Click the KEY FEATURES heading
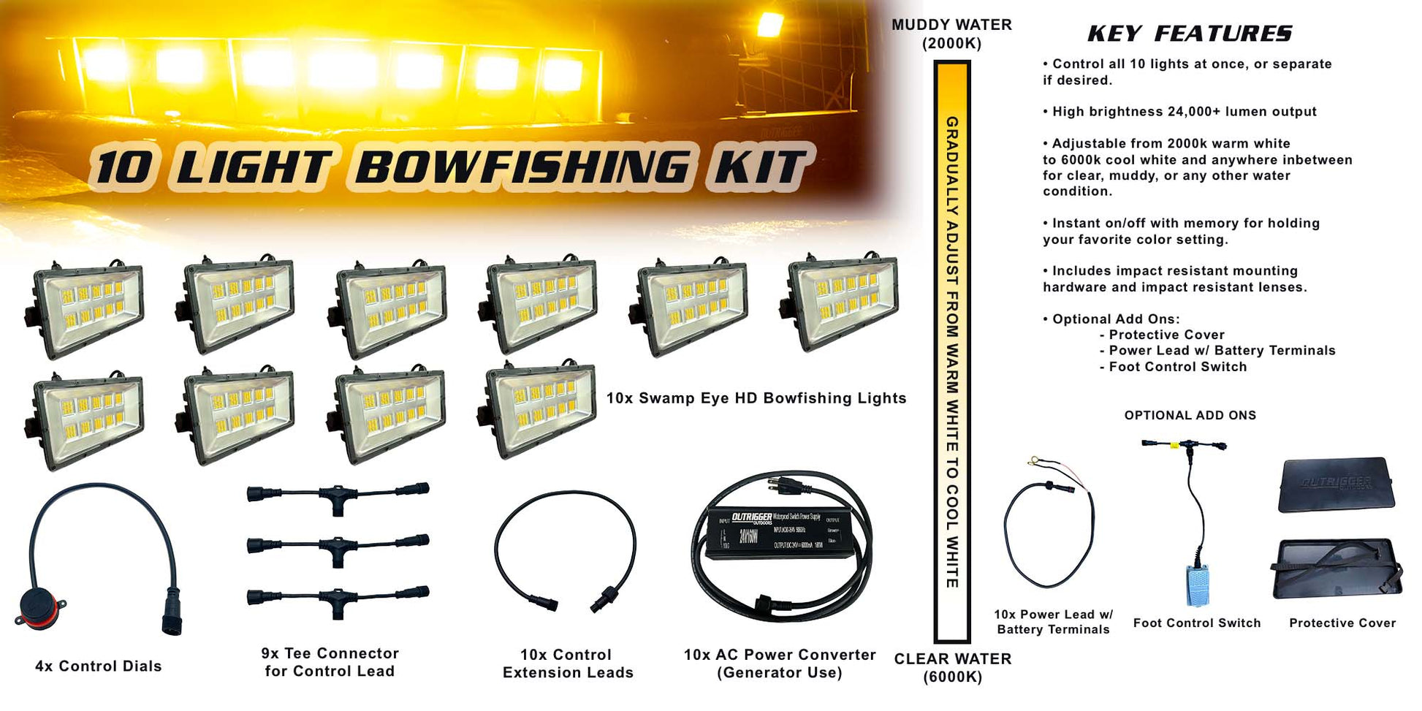(1189, 34)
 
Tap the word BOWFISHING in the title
(521, 167)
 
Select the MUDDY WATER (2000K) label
(951, 34)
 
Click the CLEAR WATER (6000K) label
(952, 667)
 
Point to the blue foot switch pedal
(1197, 584)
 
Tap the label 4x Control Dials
(99, 666)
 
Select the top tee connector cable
(338, 495)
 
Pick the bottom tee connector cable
(338, 599)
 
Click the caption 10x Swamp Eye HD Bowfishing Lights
(756, 398)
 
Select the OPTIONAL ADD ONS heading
(1190, 415)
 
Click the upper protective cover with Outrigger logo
(1336, 484)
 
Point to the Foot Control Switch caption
(1197, 623)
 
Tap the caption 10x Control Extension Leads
(568, 664)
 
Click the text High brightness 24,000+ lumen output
(1184, 112)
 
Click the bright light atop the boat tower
(769, 24)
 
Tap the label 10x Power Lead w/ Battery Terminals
(1053, 622)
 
